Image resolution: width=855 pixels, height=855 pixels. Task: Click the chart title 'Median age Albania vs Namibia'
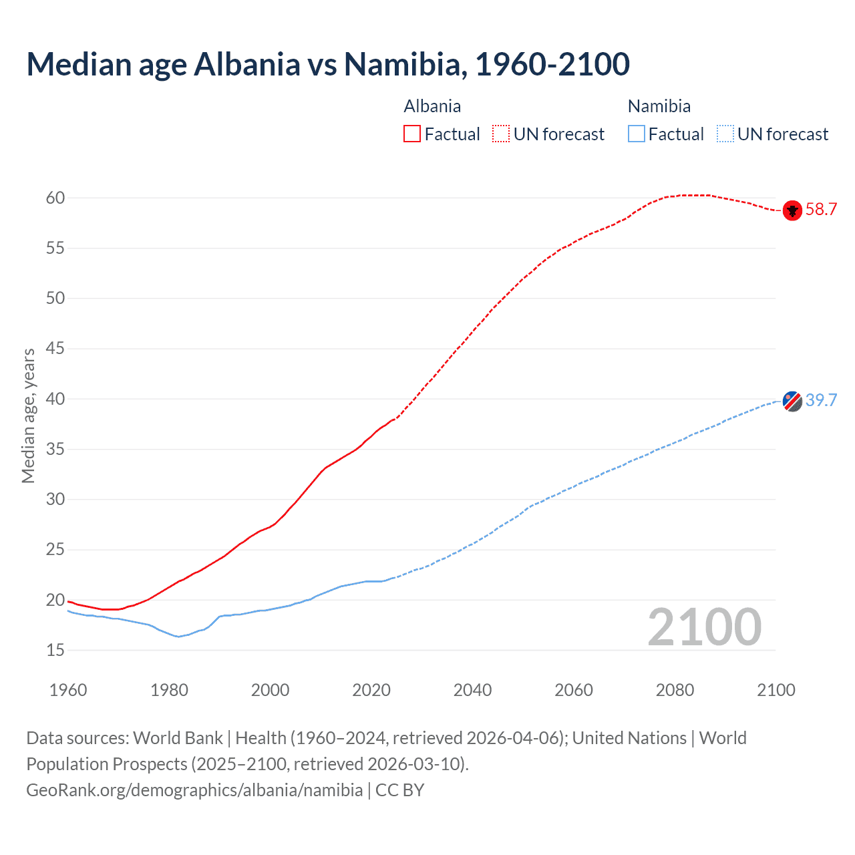327,64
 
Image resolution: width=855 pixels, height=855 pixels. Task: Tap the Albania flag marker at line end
792,210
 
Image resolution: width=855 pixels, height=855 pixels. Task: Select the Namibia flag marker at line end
792,401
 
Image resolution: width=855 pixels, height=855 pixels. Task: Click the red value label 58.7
821,210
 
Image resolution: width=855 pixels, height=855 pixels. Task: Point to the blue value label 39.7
821,400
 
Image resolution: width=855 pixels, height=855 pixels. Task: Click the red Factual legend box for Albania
412,134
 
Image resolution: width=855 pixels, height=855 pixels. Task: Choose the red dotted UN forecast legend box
501,134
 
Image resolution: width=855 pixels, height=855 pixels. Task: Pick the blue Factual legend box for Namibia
637,134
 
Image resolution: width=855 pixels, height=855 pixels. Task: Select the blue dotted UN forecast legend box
725,134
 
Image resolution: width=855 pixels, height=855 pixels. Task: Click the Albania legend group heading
432,106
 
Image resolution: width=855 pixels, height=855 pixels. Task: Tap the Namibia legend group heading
659,106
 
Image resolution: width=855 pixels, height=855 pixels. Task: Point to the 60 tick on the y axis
55,198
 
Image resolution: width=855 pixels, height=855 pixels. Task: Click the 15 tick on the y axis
55,650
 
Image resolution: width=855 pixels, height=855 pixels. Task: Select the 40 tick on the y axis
55,399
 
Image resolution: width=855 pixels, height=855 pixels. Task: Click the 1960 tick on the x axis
68,690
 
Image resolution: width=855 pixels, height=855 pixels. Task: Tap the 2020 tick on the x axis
371,690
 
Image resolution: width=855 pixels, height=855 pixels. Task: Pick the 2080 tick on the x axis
675,690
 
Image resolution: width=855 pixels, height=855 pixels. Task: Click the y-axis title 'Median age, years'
28,415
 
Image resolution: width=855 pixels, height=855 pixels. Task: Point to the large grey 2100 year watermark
704,627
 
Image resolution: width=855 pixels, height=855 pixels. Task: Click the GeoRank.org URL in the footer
194,790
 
